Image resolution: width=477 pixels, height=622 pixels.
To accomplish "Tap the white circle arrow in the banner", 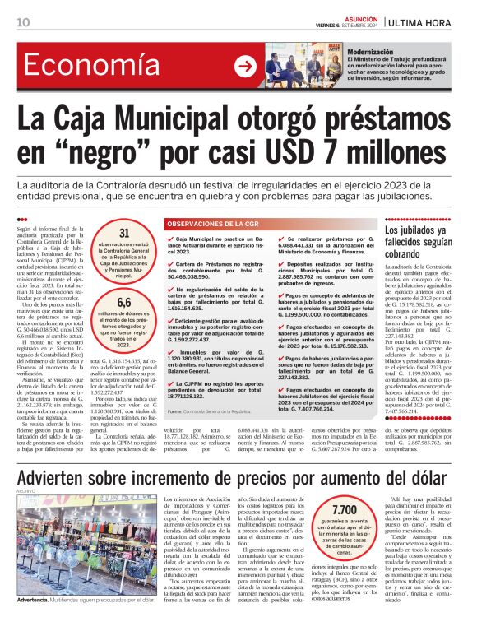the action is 244,67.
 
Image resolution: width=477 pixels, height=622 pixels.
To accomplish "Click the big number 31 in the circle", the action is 124,234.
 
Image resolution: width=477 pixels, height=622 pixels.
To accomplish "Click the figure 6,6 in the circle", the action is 124,303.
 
